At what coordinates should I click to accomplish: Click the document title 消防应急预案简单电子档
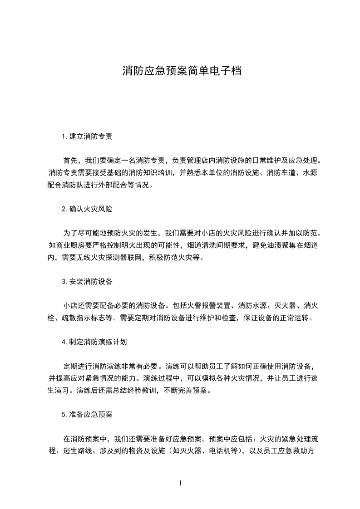coord(181,71)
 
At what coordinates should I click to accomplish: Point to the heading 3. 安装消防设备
coord(87,282)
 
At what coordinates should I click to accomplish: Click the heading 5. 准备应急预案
coord(87,415)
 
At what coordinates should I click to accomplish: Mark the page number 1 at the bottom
coord(180,483)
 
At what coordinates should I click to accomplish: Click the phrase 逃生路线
coord(79,451)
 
